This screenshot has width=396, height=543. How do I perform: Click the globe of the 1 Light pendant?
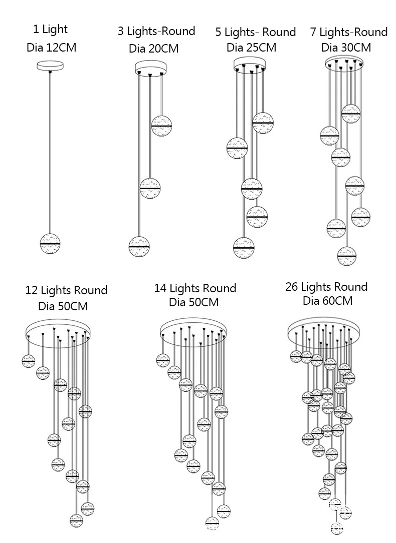pos(50,243)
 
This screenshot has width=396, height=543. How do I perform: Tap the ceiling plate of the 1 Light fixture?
pos(50,66)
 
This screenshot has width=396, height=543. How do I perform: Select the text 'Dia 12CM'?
pos(51,48)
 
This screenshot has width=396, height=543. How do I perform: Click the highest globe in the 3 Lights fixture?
pos(162,125)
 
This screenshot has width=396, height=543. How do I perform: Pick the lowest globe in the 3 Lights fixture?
pos(139,246)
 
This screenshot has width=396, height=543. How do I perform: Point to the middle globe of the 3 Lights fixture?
pos(150,188)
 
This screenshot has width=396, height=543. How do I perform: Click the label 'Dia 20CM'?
pos(153,49)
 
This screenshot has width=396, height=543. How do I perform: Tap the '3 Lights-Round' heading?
pos(156,31)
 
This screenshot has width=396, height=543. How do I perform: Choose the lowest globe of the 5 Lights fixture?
pos(244,247)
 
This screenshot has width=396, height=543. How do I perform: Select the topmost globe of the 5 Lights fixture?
pos(263,122)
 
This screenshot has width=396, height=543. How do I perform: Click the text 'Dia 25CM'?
pos(251,48)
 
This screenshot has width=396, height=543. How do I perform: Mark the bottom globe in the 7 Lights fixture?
pos(347,256)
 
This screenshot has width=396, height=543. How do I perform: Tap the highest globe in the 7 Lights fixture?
pos(351,114)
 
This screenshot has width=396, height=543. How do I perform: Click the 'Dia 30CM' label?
pos(346,48)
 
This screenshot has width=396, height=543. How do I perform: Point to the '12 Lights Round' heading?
pos(66,290)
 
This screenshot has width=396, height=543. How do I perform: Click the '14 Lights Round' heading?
pos(195,288)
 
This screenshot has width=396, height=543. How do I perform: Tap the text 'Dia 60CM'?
pos(327,301)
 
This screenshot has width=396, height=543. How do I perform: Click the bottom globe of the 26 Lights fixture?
pos(337,527)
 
